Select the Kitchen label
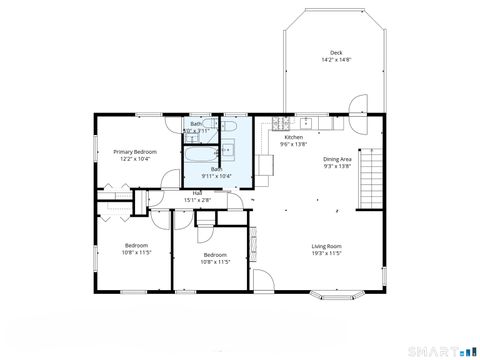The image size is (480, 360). [293, 137]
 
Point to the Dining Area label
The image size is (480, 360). [336, 159]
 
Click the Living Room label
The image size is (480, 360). [327, 246]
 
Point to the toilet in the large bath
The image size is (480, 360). [226, 153]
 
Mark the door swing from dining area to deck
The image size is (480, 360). [357, 105]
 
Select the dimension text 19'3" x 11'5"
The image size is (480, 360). [327, 254]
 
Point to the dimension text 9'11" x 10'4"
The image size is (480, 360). [216, 176]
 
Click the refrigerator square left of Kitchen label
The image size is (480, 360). [267, 165]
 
